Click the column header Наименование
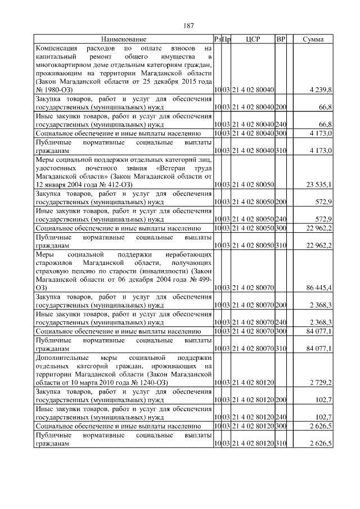[124, 39]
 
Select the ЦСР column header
[253, 39]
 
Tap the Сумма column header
[313, 39]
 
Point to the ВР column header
[281, 39]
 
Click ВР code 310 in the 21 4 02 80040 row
[281, 151]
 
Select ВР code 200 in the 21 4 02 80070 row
[281, 305]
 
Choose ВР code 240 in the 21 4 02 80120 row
[281, 418]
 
